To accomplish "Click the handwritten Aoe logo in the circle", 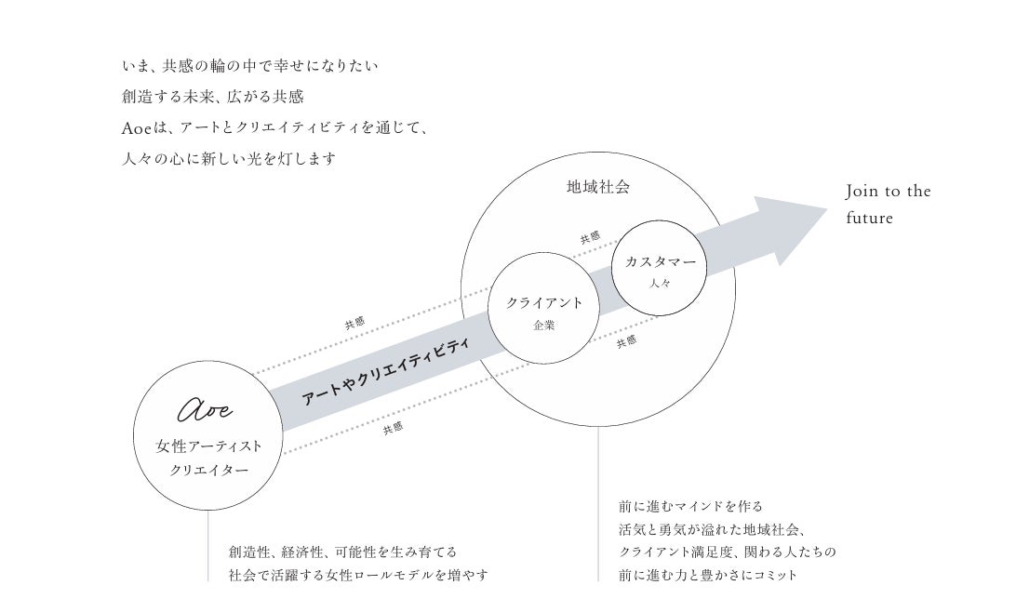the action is [x=206, y=409].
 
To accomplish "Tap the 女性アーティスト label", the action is [x=208, y=446].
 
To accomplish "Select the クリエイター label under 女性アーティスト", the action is [x=208, y=471].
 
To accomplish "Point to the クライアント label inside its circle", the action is [x=544, y=302].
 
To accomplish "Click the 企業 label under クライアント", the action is [x=544, y=326].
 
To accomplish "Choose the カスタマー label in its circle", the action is [x=660, y=261].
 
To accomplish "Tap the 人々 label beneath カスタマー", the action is [x=660, y=283].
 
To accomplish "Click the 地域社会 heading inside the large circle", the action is [x=598, y=187].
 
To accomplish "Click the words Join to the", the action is [x=888, y=191].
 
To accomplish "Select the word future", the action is [x=870, y=218].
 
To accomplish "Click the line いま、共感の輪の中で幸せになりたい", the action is [x=250, y=66].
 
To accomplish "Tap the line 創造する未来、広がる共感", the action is [x=212, y=97].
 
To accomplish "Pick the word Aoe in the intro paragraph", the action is [x=136, y=128].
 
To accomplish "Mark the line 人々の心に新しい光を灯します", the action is [x=229, y=159].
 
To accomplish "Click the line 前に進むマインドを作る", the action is [x=690, y=507].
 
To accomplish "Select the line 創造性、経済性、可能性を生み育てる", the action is [x=342, y=552].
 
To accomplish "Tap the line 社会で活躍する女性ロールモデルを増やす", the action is [x=358, y=575].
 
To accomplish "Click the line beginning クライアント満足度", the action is [x=727, y=552].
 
